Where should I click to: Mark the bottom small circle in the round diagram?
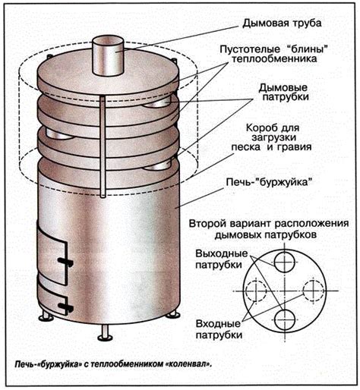pyautogui.click(x=285, y=319)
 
